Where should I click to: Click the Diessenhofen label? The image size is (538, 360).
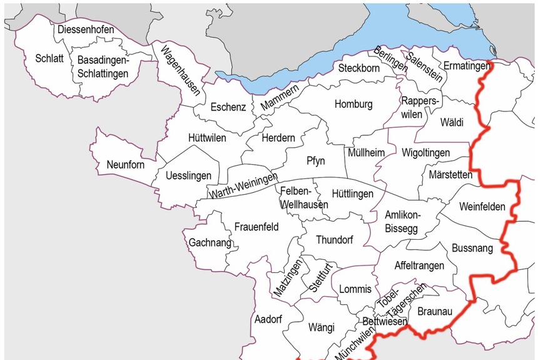point(86,29)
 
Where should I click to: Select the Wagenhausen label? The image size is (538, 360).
point(180,69)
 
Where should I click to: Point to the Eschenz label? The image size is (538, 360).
point(228,107)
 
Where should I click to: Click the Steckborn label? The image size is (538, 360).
point(358,68)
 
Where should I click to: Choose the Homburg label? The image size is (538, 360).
point(353,104)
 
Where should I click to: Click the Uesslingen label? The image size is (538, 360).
point(189,176)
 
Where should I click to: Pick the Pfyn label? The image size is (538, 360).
point(316,161)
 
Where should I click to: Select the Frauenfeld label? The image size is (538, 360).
point(256,227)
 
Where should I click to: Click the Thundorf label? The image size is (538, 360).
point(335,240)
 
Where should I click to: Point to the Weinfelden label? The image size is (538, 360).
point(482,206)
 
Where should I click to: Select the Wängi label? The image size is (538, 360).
point(322,327)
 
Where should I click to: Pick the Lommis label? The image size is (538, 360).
point(355,289)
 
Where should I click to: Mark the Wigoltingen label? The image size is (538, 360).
point(425,152)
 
